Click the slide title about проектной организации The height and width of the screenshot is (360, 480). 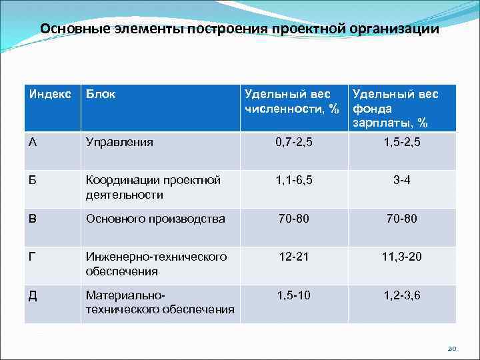point(239,29)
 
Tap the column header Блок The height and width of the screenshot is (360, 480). point(101,95)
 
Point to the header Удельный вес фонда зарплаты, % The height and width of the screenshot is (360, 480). point(395,109)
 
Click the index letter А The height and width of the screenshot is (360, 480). point(33,142)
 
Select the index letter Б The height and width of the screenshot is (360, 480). point(33,180)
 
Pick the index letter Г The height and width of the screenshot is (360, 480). point(32,257)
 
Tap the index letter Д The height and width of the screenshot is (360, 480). point(33,295)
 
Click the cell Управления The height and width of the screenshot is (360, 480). point(119,142)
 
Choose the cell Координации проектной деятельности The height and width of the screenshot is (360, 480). point(153,187)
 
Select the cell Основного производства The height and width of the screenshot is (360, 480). point(155,218)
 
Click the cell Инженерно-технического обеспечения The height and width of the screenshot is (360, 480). point(156,264)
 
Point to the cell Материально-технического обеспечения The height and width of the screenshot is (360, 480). point(160,302)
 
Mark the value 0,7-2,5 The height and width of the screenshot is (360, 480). point(293,142)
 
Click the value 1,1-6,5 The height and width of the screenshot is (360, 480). point(293,180)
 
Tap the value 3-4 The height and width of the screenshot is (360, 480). point(401,180)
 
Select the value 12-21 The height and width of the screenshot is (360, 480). point(293,257)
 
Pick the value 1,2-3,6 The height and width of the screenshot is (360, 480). point(401,295)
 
